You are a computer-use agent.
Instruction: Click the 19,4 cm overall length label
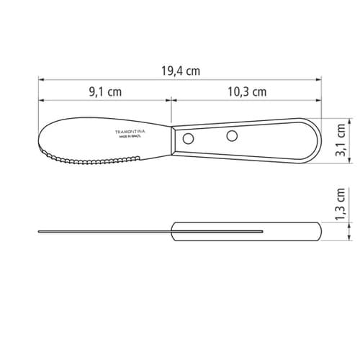(180, 70)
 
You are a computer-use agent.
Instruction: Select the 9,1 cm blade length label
(105, 91)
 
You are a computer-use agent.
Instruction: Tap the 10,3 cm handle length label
(247, 91)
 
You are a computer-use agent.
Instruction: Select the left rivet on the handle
(189, 138)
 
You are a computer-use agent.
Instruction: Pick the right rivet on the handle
(232, 135)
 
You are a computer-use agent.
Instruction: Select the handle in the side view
(245, 231)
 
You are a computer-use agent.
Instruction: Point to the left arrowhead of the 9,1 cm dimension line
(41, 101)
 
